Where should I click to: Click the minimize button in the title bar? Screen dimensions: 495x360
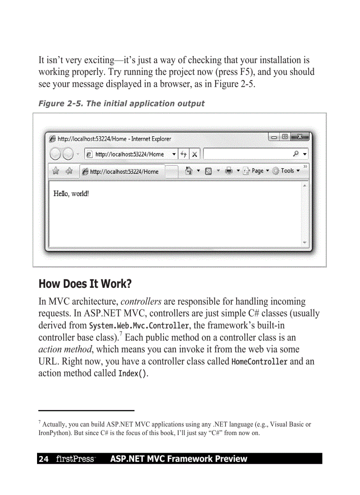(x=275, y=137)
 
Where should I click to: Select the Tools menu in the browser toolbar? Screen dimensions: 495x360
(x=287, y=171)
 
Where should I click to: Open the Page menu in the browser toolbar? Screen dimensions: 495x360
(x=257, y=171)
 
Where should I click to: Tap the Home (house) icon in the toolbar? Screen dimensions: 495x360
(x=189, y=171)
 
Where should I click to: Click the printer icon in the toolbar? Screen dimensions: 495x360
(x=229, y=171)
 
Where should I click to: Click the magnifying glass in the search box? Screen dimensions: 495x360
(x=296, y=154)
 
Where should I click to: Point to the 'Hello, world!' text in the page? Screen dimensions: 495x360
(x=71, y=193)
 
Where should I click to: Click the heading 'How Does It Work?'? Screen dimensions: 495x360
(x=85, y=284)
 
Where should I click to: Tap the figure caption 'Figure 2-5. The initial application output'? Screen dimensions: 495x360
(x=121, y=104)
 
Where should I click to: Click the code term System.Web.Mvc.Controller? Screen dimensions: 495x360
(x=139, y=326)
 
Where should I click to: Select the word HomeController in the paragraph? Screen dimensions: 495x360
(x=259, y=362)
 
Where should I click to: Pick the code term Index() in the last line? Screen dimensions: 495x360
(x=132, y=374)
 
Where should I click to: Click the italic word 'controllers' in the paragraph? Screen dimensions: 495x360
(x=141, y=302)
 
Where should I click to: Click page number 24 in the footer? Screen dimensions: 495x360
(x=43, y=459)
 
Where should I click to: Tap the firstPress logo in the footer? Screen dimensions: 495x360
(x=75, y=459)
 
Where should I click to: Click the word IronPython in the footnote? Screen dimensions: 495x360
(x=53, y=433)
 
